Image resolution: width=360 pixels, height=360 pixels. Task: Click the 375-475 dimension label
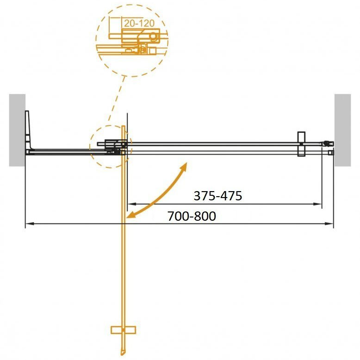(x=217, y=196)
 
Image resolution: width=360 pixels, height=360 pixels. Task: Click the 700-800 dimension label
(x=192, y=216)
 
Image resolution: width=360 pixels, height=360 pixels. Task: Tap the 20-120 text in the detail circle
(x=139, y=24)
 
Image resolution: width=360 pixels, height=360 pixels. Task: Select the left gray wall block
(x=17, y=130)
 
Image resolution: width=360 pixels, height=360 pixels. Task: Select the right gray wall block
(x=342, y=130)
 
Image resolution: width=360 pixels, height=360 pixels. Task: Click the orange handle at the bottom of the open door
(x=123, y=330)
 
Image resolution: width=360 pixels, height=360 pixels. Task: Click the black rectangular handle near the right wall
(x=301, y=144)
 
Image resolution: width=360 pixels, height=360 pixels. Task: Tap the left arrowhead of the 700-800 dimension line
(x=29, y=223)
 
